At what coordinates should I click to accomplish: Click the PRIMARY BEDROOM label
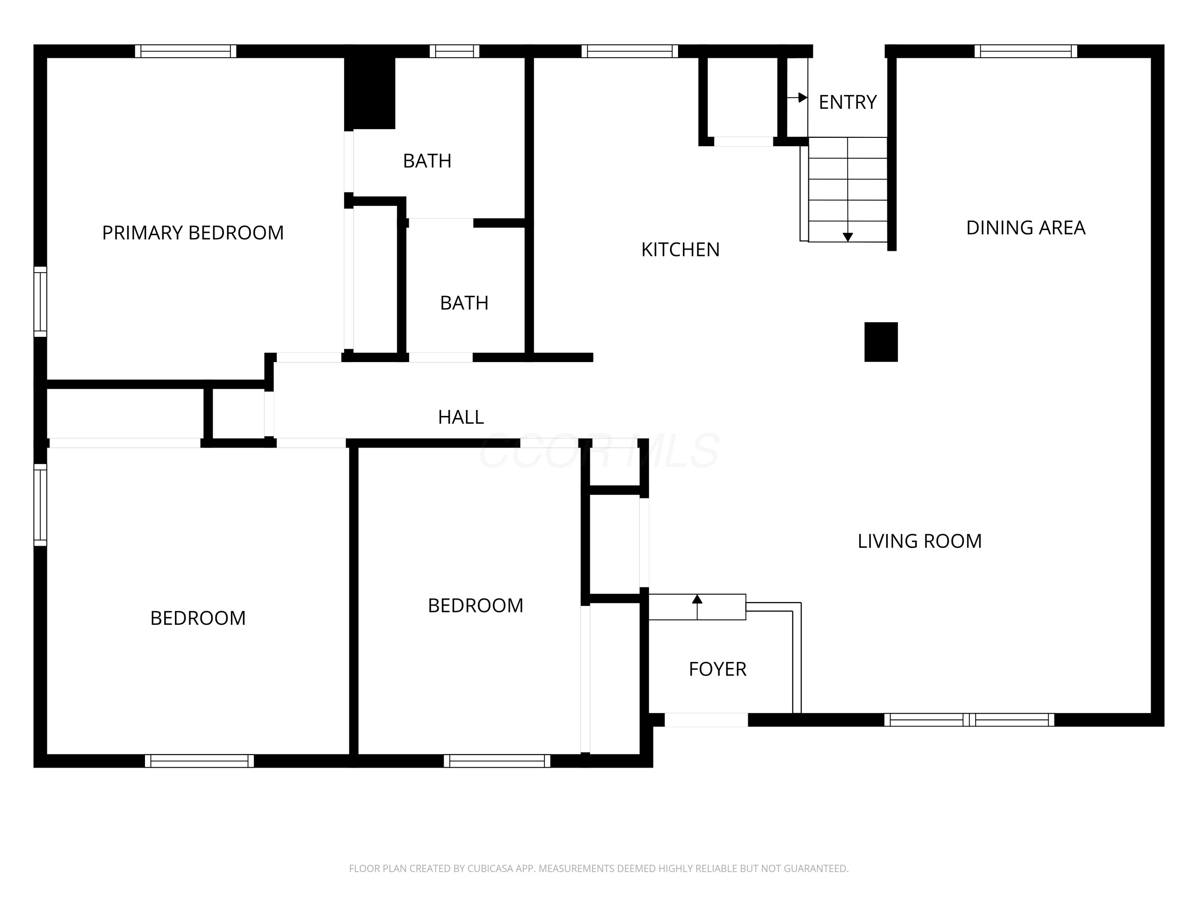pyautogui.click(x=193, y=233)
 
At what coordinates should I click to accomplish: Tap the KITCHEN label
pyautogui.click(x=680, y=250)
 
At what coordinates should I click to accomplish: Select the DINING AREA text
pyautogui.click(x=1025, y=228)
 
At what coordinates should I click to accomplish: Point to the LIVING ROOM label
pyautogui.click(x=919, y=541)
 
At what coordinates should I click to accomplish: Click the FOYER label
pyautogui.click(x=717, y=669)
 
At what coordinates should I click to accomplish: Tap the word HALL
pyautogui.click(x=460, y=417)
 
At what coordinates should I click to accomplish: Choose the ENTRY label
pyautogui.click(x=847, y=102)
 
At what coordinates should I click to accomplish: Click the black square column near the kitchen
pyautogui.click(x=881, y=342)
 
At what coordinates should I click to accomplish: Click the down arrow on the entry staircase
pyautogui.click(x=848, y=237)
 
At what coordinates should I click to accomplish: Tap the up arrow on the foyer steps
pyautogui.click(x=697, y=599)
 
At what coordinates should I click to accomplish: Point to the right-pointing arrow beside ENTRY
pyautogui.click(x=802, y=97)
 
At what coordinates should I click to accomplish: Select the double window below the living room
pyautogui.click(x=969, y=720)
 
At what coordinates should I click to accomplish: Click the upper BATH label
pyautogui.click(x=427, y=161)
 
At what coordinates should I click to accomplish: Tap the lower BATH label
pyautogui.click(x=464, y=303)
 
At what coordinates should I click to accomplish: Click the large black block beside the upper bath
pyautogui.click(x=370, y=92)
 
